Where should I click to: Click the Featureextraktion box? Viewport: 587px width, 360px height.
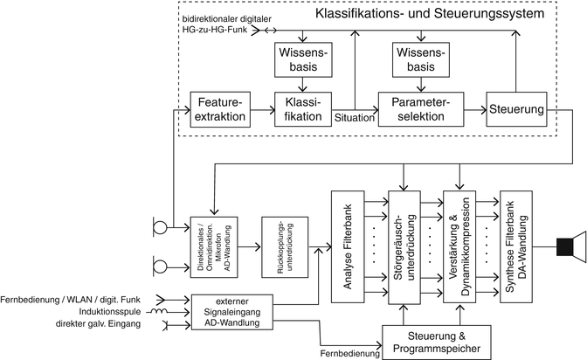[219, 109]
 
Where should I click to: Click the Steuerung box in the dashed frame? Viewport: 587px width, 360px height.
[519, 109]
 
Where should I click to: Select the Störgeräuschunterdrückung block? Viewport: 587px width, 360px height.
[403, 247]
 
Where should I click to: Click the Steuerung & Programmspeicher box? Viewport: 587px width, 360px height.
[433, 342]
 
